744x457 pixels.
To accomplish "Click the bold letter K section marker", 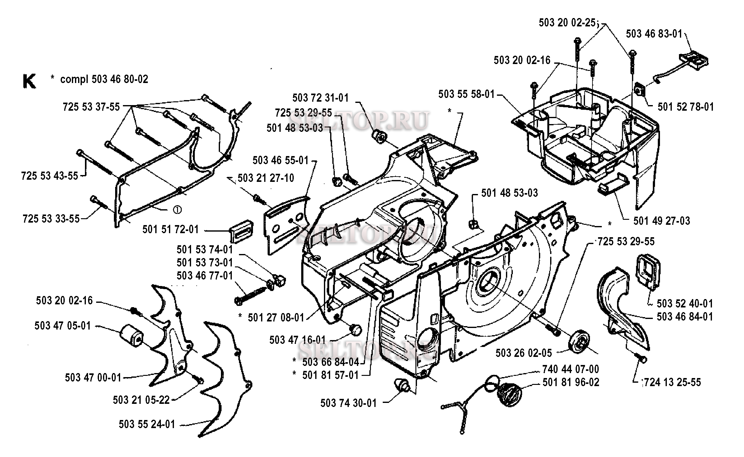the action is coord(29,81).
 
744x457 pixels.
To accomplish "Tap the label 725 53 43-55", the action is coord(49,176).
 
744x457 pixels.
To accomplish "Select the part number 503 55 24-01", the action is coord(147,424).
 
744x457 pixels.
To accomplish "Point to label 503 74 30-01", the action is coord(349,403).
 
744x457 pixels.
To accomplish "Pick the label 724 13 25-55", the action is coord(672,382).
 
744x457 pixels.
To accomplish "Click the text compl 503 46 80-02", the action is coord(104,79).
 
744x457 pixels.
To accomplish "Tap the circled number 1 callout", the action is coord(177,210).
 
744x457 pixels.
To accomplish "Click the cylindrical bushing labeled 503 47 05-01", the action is coord(132,335).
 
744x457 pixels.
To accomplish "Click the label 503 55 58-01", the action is coord(466,94).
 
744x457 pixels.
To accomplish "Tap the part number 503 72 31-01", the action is coord(321,98).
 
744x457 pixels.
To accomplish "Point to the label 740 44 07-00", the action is coord(571,369).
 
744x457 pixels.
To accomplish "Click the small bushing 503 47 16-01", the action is coord(355,329).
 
